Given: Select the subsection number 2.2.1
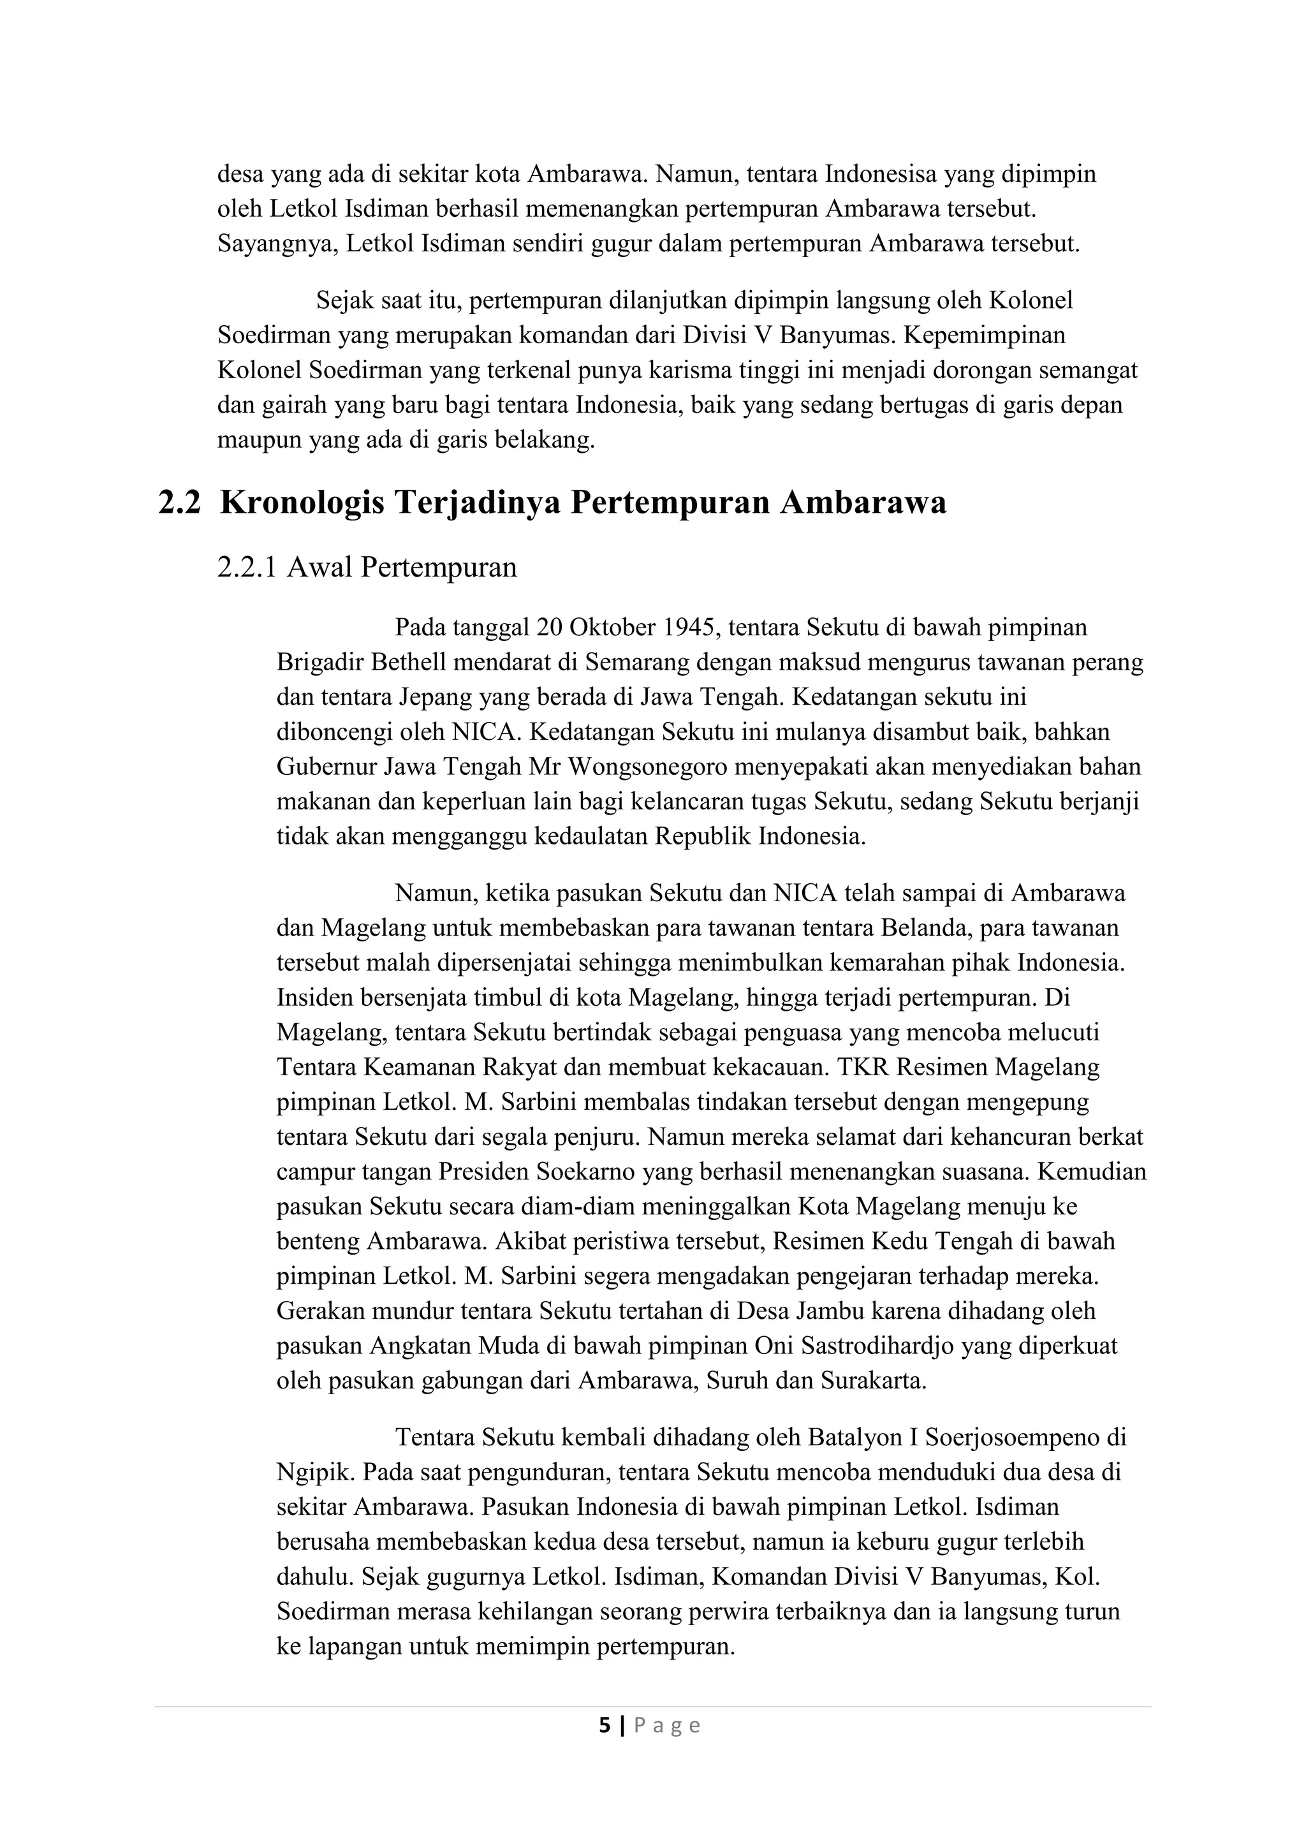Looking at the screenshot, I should (x=247, y=568).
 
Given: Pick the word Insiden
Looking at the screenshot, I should (x=315, y=997).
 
